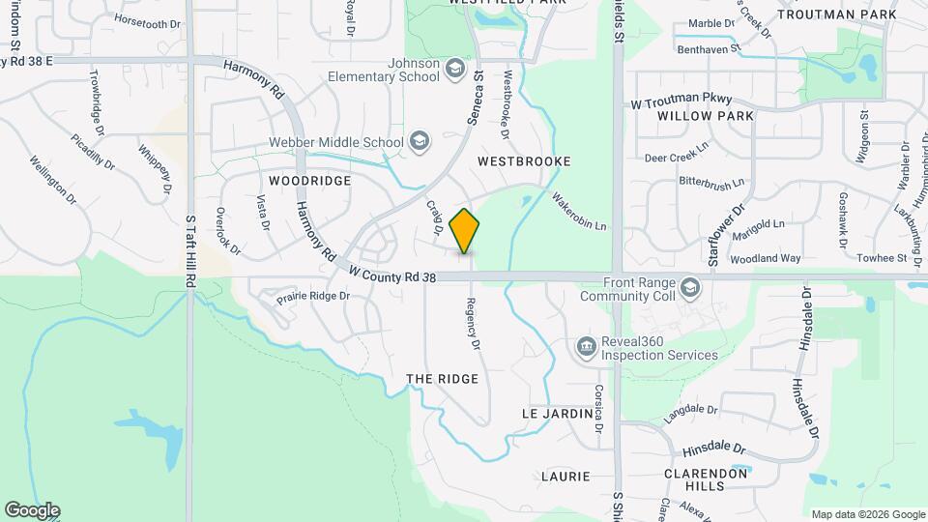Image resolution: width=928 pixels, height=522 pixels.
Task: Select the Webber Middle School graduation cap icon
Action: point(419,142)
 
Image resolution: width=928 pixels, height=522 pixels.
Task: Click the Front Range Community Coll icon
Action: point(690,288)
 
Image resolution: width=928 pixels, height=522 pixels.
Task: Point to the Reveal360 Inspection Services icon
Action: point(586,347)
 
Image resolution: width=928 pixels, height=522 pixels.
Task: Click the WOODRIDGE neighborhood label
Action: point(309,181)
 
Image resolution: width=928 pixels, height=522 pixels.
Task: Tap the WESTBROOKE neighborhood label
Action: point(524,160)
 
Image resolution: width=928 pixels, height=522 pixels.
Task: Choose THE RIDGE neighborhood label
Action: point(443,379)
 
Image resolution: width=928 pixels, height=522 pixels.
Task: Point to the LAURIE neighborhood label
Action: point(565,477)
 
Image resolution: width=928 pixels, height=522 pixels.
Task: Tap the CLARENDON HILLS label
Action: point(707,479)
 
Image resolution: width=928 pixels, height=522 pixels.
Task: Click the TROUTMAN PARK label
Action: point(851,15)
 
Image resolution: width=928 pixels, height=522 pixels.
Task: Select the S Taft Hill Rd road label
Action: point(190,249)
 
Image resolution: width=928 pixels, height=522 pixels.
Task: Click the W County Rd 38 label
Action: point(393,275)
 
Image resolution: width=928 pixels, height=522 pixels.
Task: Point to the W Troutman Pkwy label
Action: point(681,101)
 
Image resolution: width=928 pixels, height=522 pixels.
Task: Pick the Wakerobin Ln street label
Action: point(579,213)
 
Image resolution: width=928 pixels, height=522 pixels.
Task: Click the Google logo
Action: point(32,510)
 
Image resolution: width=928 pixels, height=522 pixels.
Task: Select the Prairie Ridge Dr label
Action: point(312,296)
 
